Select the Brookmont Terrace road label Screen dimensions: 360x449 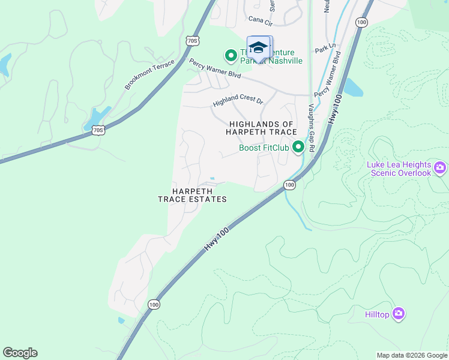149,75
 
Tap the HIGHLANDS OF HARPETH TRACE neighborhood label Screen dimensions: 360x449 262,128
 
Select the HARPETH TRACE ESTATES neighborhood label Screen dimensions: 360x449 192,195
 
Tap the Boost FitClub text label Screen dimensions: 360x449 264,148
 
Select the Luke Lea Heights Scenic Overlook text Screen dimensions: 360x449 399,169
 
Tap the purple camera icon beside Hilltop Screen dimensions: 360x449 399,314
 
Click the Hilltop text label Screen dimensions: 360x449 377,314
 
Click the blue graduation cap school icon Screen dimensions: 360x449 259,47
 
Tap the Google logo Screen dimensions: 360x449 20,353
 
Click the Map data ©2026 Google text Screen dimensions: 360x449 411,355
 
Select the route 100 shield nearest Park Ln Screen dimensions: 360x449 361,22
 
